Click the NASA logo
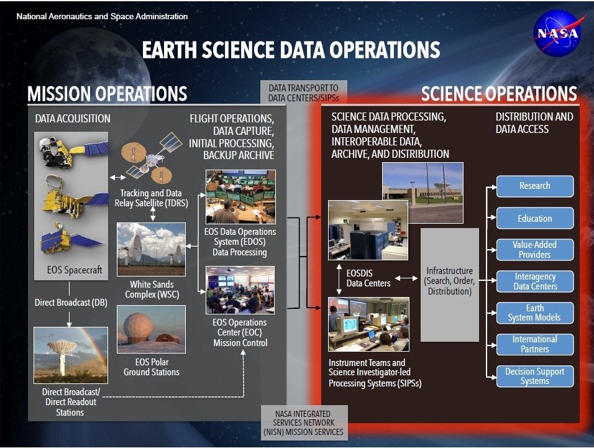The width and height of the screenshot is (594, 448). (557, 34)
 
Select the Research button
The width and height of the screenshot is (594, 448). (535, 186)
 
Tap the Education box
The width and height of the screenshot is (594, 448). (535, 218)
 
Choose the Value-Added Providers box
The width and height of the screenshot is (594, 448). (535, 250)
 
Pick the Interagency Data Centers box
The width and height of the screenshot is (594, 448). (535, 281)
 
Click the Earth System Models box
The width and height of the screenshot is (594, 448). (535, 313)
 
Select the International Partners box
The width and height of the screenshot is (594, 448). (535, 344)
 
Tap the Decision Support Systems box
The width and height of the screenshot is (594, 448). (535, 376)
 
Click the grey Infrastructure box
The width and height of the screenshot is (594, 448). (450, 285)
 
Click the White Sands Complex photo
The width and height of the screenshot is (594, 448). (151, 249)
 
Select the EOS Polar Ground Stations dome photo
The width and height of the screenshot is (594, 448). (151, 329)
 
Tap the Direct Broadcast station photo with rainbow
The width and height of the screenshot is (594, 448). (71, 355)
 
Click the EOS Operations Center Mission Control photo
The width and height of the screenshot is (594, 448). (240, 290)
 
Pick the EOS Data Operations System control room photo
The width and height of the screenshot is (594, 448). (240, 196)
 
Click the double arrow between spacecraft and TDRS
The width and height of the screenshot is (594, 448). (117, 177)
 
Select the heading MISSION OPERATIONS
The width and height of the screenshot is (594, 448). (107, 94)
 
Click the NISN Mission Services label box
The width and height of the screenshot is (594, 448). (304, 423)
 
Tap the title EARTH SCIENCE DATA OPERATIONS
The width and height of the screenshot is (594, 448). (291, 50)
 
